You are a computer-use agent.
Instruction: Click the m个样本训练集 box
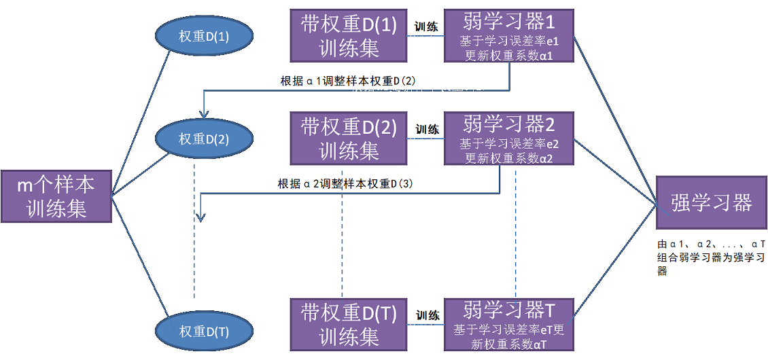point(56,196)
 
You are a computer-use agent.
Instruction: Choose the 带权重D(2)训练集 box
point(348,138)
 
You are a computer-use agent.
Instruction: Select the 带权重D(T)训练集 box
point(348,324)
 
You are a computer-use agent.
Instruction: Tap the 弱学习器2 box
point(509,138)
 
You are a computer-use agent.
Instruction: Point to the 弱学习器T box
point(509,324)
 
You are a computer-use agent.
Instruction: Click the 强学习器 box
point(711,202)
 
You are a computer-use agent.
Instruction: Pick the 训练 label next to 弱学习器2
point(427,129)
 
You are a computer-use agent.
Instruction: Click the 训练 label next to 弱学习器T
point(427,316)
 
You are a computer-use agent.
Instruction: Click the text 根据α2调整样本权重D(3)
point(345,184)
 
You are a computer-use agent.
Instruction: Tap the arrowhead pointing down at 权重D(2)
point(203,113)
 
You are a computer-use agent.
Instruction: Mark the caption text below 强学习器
point(711,257)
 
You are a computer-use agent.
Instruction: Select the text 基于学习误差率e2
point(509,144)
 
